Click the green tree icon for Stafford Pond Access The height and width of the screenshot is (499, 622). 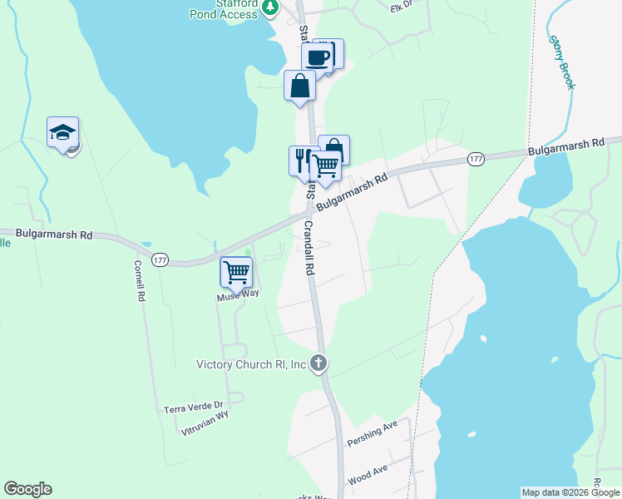(270, 7)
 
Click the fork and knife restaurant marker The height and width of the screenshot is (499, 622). (303, 158)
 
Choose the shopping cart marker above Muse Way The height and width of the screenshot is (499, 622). (236, 271)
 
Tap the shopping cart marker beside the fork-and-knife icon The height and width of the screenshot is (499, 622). (325, 166)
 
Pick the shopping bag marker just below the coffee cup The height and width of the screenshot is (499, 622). (299, 86)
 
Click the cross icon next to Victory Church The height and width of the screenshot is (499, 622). (318, 363)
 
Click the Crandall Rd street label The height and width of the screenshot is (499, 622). (310, 249)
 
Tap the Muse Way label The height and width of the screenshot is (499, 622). (238, 294)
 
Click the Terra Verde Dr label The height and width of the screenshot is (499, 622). (194, 407)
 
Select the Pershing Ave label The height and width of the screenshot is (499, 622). (373, 432)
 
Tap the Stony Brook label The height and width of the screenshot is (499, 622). (561, 62)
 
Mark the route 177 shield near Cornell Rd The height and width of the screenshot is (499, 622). (160, 260)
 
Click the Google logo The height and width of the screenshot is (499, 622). (27, 489)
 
